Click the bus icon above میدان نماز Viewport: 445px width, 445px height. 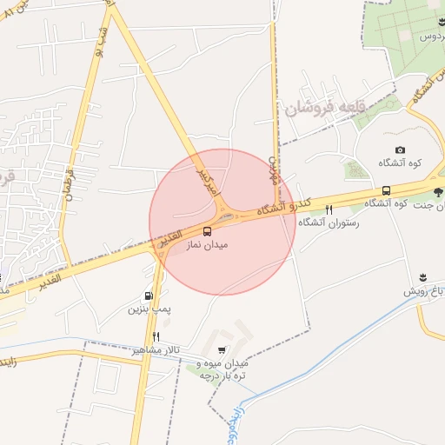[207, 231]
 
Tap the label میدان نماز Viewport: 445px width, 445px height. [207, 246]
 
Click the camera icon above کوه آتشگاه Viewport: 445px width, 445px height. [400, 150]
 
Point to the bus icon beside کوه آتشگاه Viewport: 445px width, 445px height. [386, 190]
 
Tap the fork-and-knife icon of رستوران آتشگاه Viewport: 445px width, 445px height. [329, 209]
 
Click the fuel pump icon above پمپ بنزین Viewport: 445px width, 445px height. [149, 296]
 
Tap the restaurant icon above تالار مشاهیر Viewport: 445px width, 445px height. [156, 336]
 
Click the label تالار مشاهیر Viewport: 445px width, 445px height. [156, 349]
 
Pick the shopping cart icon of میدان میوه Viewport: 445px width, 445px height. [223, 350]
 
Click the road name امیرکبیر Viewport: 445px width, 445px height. [203, 181]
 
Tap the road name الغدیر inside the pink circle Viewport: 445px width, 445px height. [169, 238]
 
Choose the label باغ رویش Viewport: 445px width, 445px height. [423, 291]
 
